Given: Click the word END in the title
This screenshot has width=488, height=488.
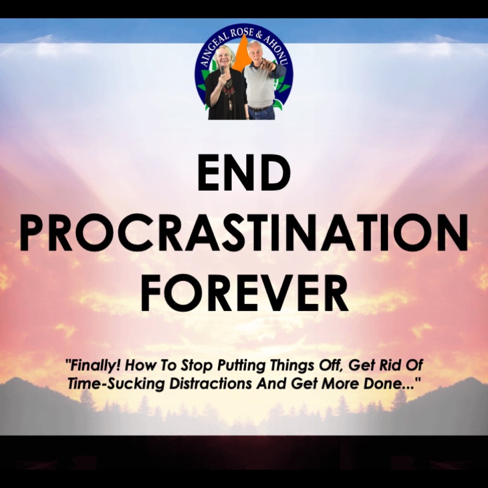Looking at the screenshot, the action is pos(244,175).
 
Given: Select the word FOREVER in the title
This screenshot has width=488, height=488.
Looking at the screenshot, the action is pos(244,294).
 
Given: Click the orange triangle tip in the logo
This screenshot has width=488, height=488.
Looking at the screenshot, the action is pos(244,35).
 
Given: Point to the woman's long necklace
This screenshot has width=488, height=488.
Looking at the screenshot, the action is pos(230,94).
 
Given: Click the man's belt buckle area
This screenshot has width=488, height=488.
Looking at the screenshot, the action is pos(258,109).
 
